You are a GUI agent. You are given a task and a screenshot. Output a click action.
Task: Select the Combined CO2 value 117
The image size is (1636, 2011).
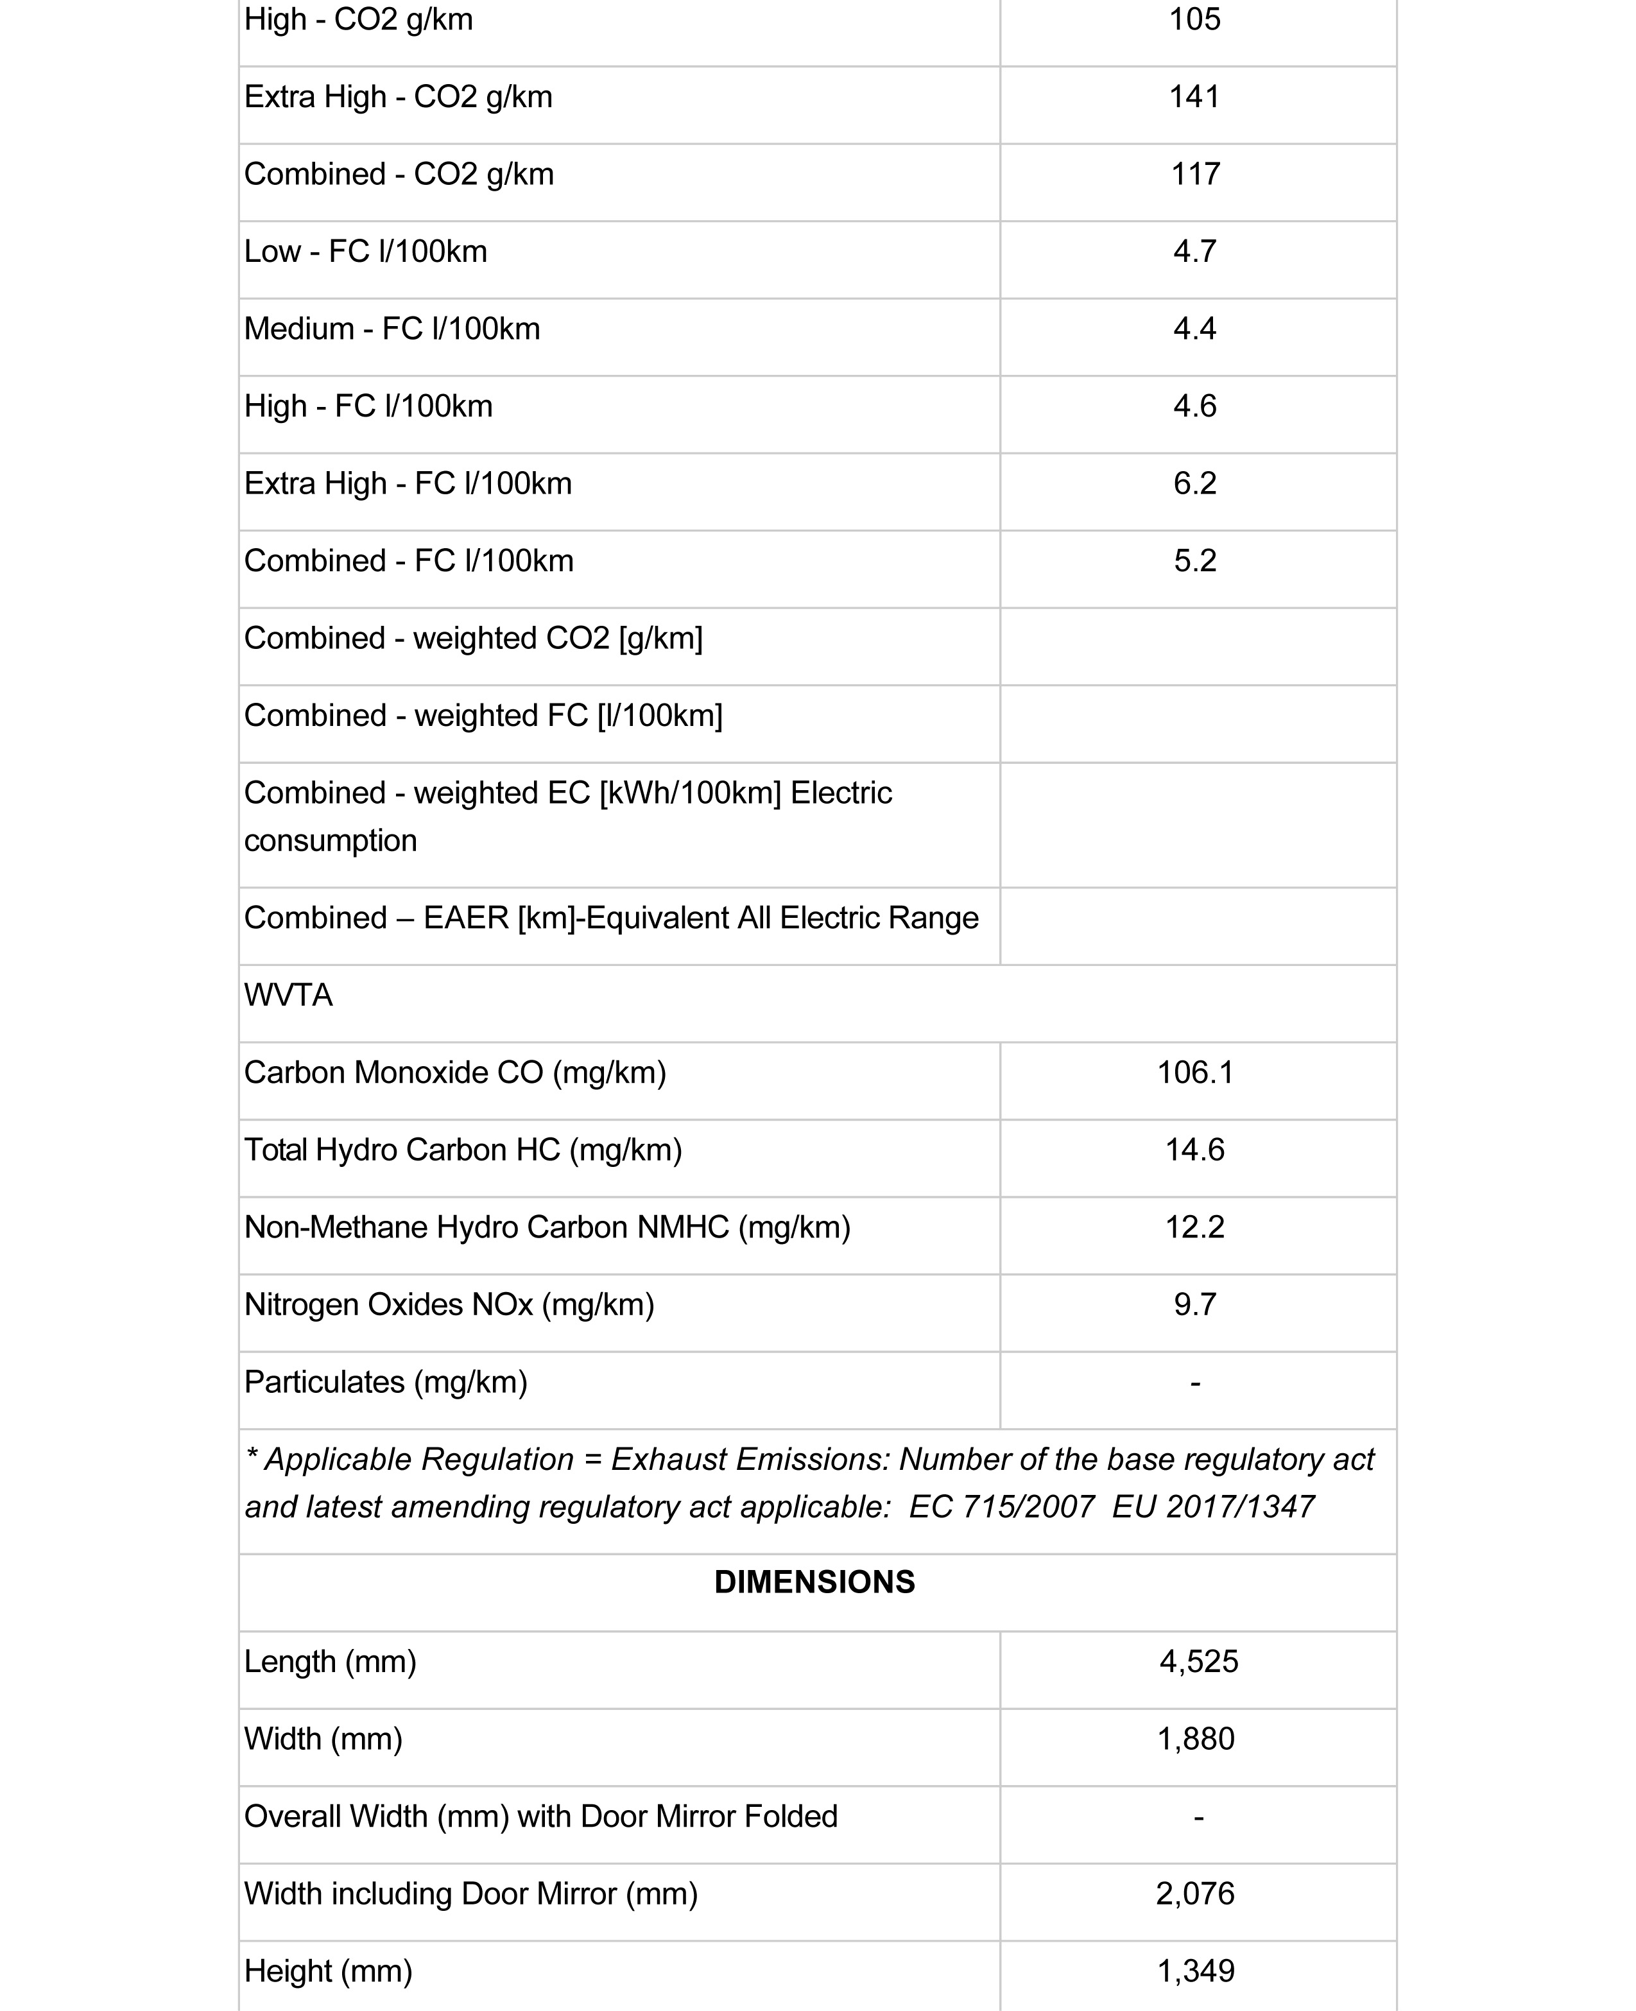tap(1195, 175)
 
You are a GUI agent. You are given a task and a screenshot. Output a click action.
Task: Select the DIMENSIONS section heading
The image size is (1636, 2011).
tap(814, 1582)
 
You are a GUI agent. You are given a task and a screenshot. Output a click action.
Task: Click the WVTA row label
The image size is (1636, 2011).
tap(288, 995)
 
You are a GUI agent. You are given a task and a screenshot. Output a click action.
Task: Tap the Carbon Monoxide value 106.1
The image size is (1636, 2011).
tap(1195, 1073)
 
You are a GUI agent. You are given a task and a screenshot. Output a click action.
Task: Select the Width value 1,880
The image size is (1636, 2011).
tap(1195, 1739)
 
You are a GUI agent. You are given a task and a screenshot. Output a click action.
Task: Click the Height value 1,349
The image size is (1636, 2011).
tap(1195, 1971)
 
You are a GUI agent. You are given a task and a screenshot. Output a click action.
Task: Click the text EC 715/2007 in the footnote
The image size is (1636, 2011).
tap(1001, 1507)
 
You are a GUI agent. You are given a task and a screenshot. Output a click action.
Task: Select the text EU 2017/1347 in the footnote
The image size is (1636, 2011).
tap(1213, 1507)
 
